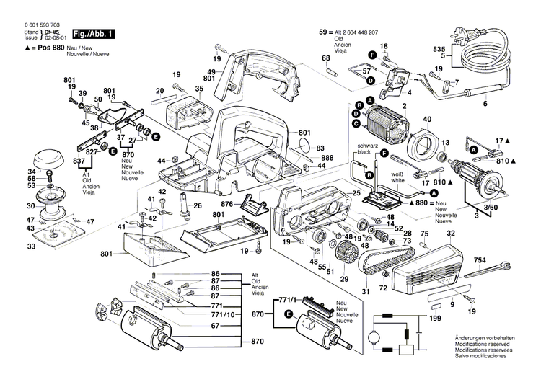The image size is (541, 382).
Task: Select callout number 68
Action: coord(325,58)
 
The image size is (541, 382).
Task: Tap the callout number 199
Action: coord(436,318)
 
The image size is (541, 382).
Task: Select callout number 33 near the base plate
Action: coord(31,247)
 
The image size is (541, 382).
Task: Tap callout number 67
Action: coord(214,326)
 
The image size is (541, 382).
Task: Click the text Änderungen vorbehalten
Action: coord(485,338)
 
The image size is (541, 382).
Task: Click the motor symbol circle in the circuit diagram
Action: coord(374,337)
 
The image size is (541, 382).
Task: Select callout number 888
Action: coord(327,158)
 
